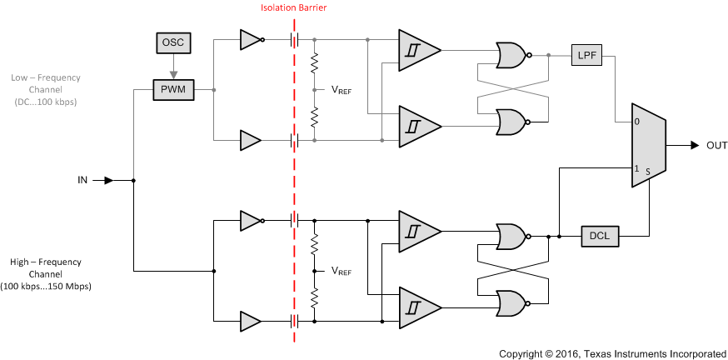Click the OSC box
[x=174, y=41]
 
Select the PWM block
[x=173, y=89]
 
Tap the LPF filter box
[x=586, y=56]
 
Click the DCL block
[x=600, y=236]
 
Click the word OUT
[x=716, y=146]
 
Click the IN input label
[x=82, y=180]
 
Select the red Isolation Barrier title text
[x=294, y=7]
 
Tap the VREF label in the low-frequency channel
[x=342, y=91]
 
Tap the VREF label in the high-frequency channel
[x=342, y=271]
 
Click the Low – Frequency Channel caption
[x=45, y=88]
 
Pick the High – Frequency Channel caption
[x=45, y=273]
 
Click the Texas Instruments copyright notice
[x=612, y=353]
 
